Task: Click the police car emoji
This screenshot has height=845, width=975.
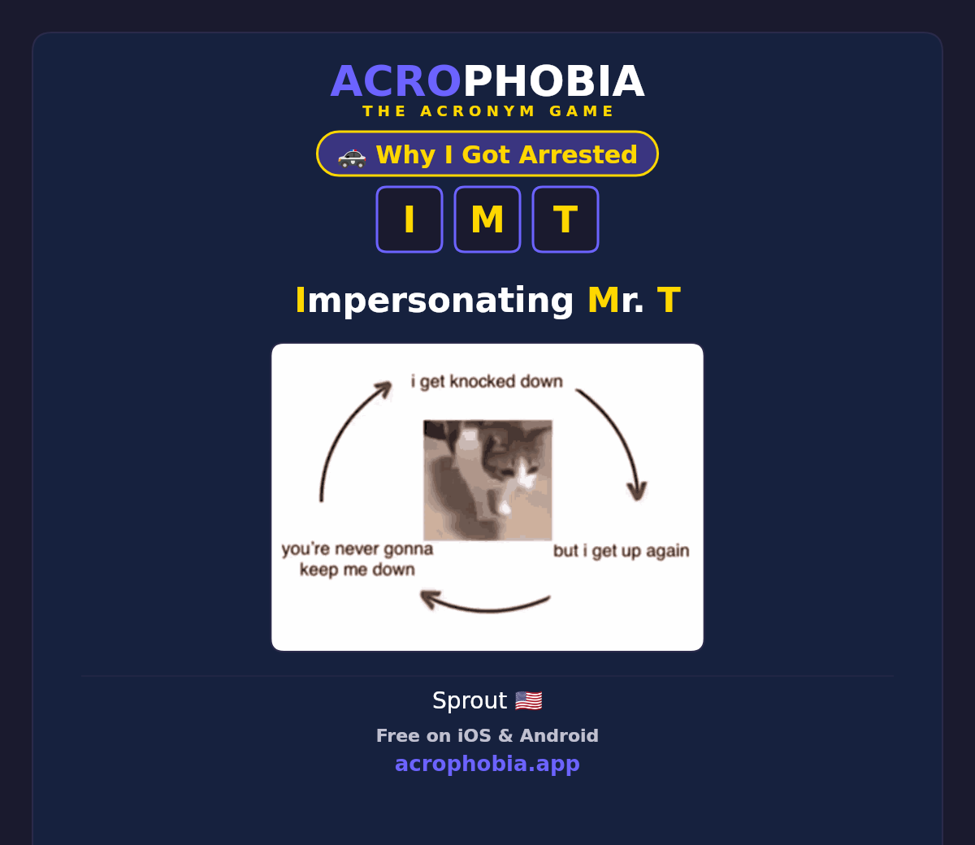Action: [352, 158]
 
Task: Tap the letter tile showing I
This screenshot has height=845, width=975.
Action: [409, 219]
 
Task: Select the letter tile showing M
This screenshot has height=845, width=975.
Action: [487, 219]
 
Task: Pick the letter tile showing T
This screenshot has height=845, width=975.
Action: [565, 219]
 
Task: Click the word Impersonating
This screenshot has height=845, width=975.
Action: [435, 301]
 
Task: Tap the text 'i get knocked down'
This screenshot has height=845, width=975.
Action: [487, 381]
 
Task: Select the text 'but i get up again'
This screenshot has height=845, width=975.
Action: [622, 551]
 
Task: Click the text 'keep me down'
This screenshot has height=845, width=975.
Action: [357, 570]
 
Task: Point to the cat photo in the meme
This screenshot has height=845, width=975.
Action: [487, 480]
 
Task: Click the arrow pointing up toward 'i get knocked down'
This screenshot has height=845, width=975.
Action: [344, 431]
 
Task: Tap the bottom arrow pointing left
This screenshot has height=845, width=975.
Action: [486, 609]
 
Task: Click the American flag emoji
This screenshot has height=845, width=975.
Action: [528, 700]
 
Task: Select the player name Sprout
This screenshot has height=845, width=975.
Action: [470, 700]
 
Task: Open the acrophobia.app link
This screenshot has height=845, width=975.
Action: [487, 764]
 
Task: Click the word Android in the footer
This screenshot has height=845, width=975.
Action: [559, 735]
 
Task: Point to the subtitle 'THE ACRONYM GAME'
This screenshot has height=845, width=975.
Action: [487, 110]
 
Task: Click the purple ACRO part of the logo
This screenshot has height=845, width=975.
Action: [396, 81]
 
